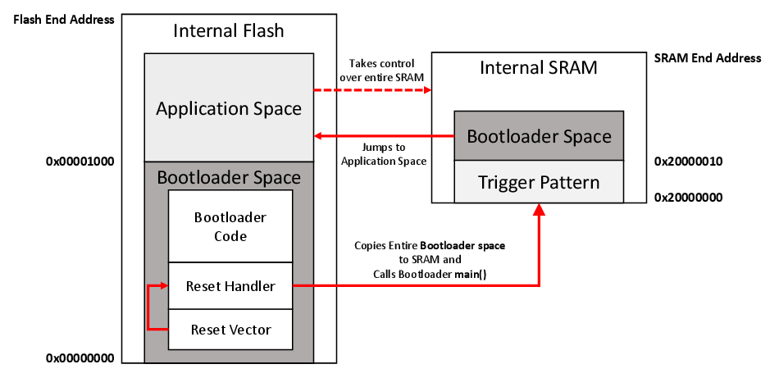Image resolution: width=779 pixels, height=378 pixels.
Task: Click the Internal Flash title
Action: tap(229, 32)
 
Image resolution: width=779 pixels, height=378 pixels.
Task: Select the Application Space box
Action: tap(229, 108)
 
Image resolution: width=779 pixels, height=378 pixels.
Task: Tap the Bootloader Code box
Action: tap(230, 226)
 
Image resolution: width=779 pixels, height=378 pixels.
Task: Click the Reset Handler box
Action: tap(230, 286)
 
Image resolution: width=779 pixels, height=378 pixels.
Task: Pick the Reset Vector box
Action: tap(230, 330)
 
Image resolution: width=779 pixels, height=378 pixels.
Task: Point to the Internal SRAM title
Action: tap(539, 67)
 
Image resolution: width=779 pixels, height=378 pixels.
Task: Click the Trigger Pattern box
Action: tap(539, 182)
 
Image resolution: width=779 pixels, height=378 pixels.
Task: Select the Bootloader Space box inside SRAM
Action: tap(539, 136)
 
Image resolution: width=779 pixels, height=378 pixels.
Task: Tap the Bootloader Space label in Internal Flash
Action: tap(229, 177)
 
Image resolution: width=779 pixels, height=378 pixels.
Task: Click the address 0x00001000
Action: tap(80, 162)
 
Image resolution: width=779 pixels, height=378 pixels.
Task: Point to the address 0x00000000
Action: tap(80, 358)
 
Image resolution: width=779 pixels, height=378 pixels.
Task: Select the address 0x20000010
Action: tap(688, 162)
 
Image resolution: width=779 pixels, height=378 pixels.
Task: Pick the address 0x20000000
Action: tap(688, 198)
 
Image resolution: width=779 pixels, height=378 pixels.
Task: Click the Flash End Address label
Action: tap(63, 19)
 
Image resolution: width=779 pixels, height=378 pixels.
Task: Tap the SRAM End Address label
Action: tap(707, 58)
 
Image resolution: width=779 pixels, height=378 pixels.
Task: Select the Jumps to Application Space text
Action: tap(383, 154)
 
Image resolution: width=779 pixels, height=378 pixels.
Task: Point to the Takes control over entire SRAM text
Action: tap(382, 70)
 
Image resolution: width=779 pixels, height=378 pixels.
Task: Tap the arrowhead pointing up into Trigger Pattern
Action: tap(540, 210)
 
